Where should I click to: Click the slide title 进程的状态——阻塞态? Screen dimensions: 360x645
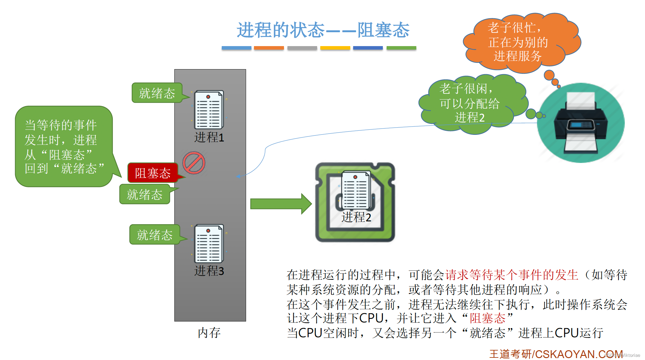point(323,30)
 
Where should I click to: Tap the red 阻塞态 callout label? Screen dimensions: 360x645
point(153,173)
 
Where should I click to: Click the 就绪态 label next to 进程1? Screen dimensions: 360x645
point(157,93)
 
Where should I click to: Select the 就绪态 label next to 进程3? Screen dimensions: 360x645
point(154,235)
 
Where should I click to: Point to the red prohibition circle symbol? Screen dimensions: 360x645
point(194,163)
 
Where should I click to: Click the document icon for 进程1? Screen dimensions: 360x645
point(209,110)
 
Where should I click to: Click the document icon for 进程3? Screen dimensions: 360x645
point(209,243)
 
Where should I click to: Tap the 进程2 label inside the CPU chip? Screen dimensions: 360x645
point(356,217)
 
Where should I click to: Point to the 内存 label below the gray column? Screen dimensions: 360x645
point(209,333)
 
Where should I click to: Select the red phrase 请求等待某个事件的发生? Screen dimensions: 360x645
point(512,275)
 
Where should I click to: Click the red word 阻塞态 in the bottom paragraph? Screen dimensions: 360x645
point(487,318)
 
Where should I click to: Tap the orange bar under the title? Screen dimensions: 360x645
point(269,48)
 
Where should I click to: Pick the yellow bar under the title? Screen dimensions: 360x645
point(335,48)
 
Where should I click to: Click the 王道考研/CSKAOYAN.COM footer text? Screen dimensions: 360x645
point(556,354)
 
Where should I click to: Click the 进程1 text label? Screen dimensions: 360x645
point(209,137)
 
